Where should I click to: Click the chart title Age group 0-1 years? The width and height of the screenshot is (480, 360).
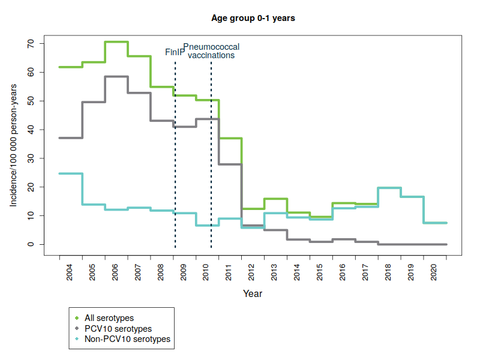click(253, 18)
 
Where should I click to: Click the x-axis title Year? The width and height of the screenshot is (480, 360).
click(253, 294)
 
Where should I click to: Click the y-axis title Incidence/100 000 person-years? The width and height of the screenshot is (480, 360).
click(13, 145)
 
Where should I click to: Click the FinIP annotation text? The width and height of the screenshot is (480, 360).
click(175, 52)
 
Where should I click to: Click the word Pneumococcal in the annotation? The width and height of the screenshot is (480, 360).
click(211, 47)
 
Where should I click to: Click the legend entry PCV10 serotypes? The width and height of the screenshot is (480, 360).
click(118, 329)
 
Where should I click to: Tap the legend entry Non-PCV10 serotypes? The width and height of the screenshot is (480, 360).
click(127, 339)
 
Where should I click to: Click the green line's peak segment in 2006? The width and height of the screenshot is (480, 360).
click(116, 42)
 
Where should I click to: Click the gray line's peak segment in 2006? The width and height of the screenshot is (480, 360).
click(116, 77)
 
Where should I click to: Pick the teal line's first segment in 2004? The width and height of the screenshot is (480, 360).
click(70, 173)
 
